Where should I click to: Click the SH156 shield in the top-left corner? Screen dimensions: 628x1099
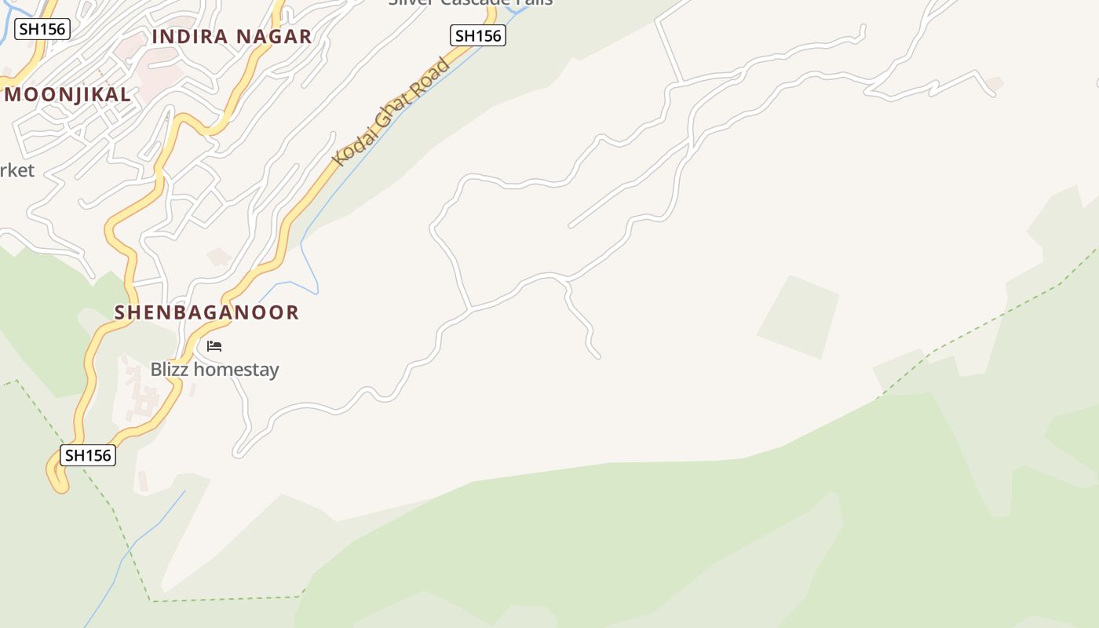coord(42,30)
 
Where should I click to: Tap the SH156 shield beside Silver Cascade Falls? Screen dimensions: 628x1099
coord(477,35)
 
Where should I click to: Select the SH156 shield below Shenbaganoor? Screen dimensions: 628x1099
coord(88,455)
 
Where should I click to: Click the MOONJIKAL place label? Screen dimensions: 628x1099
coord(68,94)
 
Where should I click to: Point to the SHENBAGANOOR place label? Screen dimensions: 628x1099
coord(206,312)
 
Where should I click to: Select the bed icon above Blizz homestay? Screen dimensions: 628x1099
coord(214,346)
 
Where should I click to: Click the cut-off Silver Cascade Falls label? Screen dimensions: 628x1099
coord(470,2)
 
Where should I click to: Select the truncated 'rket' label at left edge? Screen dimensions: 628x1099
coord(16,170)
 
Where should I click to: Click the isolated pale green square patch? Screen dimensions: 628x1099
coord(798,317)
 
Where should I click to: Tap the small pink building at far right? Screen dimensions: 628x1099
coord(995,82)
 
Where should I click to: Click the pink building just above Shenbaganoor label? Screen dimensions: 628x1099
coord(219,257)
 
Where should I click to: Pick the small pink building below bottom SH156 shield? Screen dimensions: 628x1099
coord(143,480)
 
